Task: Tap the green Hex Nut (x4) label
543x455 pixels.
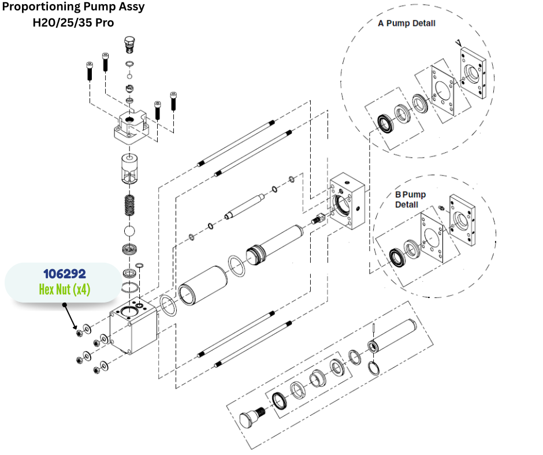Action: pos(64,289)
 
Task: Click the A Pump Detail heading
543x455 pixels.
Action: pos(407,24)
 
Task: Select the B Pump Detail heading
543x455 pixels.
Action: pos(410,199)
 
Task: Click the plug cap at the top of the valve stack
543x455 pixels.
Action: pos(129,43)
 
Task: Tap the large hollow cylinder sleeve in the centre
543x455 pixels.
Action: pos(202,285)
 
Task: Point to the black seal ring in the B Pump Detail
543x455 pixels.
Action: pos(397,255)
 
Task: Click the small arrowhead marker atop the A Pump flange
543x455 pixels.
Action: pos(458,42)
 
